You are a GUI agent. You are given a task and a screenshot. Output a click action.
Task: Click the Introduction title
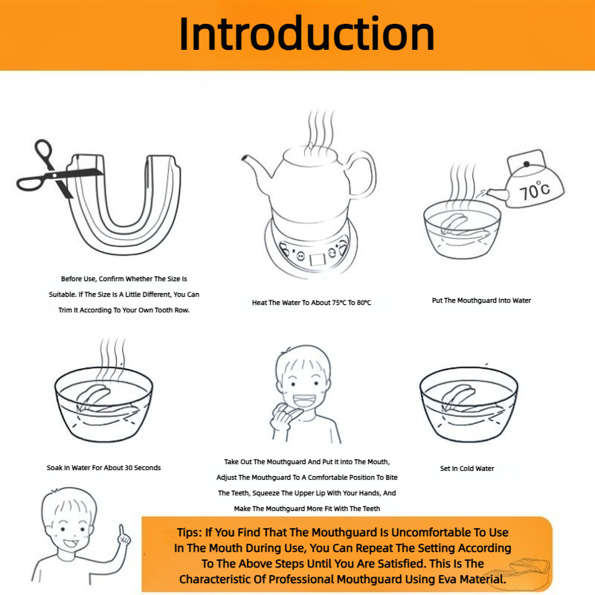pyautogui.click(x=306, y=34)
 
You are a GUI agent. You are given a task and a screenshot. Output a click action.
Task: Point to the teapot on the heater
pyautogui.click(x=309, y=182)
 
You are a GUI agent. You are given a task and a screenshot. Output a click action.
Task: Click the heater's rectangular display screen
pyautogui.click(x=318, y=260)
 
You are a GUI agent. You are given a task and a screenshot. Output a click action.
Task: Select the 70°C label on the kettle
pyautogui.click(x=534, y=190)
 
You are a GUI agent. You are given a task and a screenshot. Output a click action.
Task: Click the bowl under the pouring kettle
pyautogui.click(x=462, y=230)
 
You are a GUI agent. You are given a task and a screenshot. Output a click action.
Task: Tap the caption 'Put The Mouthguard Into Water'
pyautogui.click(x=481, y=300)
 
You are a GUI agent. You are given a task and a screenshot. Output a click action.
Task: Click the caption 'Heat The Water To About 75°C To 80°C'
pyautogui.click(x=312, y=303)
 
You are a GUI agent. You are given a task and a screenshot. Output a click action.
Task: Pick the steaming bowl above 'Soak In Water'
pyautogui.click(x=103, y=404)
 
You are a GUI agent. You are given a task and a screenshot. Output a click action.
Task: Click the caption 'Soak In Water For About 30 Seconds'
pyautogui.click(x=103, y=468)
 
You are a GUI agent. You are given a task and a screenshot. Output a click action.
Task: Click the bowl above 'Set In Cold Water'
pyautogui.click(x=469, y=404)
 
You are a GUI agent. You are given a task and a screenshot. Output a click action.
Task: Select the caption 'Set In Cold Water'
pyautogui.click(x=467, y=469)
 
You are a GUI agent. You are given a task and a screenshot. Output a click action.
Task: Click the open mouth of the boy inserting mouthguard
pyautogui.click(x=304, y=401)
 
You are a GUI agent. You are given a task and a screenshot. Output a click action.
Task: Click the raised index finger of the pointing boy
pyautogui.click(x=121, y=530)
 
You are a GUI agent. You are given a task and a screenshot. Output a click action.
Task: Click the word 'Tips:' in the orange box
pyautogui.click(x=189, y=533)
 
